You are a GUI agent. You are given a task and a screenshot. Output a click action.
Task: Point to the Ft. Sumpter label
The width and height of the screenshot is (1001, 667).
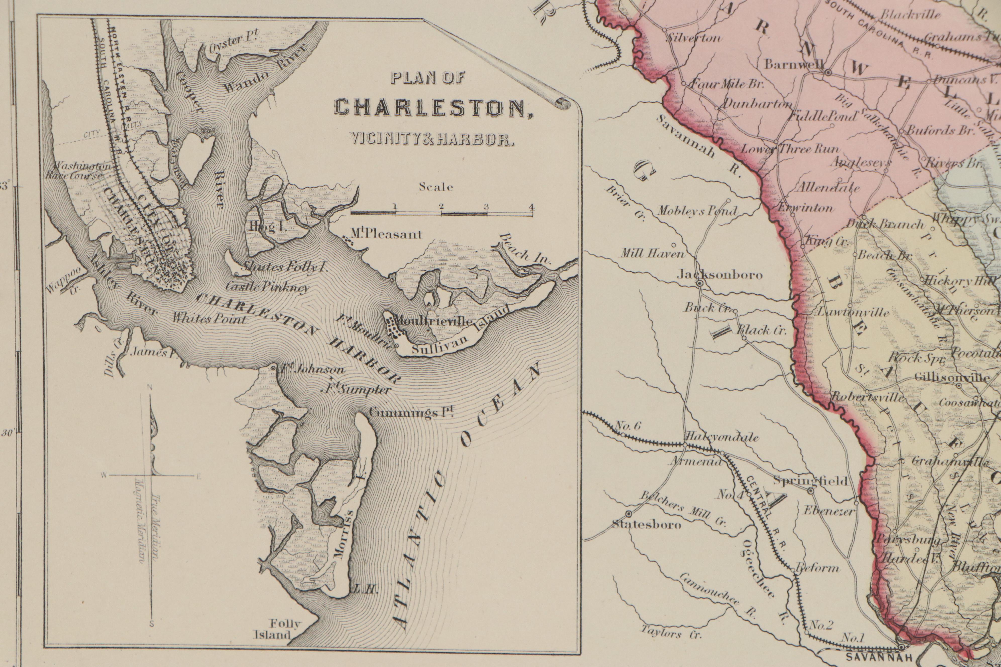[x=357, y=389]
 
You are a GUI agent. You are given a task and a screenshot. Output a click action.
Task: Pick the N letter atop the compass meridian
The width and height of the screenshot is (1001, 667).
[x=149, y=387]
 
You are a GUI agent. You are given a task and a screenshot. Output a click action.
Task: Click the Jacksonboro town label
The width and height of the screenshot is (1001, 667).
[x=719, y=275]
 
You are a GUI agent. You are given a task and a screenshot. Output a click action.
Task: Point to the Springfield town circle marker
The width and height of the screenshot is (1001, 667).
[x=811, y=491]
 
